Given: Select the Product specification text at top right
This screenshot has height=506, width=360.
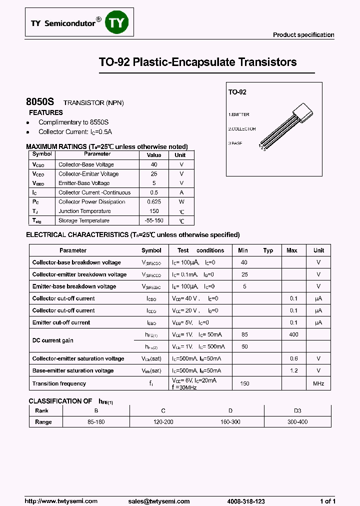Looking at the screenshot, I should pyautogui.click(x=303, y=35).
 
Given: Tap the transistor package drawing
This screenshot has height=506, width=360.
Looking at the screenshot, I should pyautogui.click(x=288, y=123).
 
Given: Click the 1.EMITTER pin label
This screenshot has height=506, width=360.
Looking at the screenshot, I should pyautogui.click(x=239, y=114).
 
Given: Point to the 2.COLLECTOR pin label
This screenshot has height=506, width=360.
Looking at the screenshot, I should pyautogui.click(x=242, y=129).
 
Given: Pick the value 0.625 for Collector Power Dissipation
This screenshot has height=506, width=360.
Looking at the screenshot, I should pyautogui.click(x=154, y=202).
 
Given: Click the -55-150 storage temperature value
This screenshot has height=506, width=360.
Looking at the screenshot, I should pyautogui.click(x=154, y=220).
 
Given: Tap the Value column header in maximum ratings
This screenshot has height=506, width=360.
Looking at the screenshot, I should pyautogui.click(x=154, y=155).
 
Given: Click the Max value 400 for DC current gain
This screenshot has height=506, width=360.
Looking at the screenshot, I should pyautogui.click(x=294, y=334).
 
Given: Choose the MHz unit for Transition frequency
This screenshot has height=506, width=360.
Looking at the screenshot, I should pyautogui.click(x=318, y=383).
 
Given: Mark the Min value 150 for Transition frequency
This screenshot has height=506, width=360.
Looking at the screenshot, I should pyautogui.click(x=244, y=383).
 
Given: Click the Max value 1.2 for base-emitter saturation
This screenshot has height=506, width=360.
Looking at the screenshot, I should pyautogui.click(x=294, y=370).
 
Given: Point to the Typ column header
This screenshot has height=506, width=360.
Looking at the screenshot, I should pyautogui.click(x=268, y=250).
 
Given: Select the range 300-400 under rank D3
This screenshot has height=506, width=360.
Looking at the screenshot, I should pyautogui.click(x=297, y=422).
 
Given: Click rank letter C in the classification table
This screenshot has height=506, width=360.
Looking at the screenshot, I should pyautogui.click(x=163, y=410).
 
